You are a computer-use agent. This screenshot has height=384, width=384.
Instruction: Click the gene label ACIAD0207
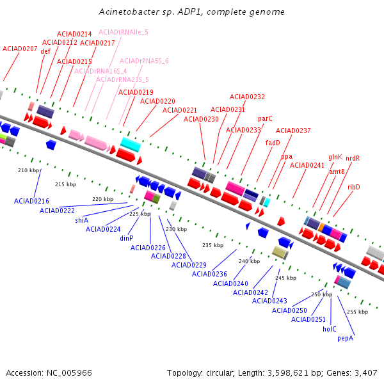20,49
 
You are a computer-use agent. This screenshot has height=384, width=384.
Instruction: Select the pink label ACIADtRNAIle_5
124,33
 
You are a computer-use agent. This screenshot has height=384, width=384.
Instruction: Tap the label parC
265,119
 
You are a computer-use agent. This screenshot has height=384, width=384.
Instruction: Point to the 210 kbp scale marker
28,170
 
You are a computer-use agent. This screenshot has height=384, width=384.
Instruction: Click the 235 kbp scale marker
213,245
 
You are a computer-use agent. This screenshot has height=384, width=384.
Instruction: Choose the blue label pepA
346,338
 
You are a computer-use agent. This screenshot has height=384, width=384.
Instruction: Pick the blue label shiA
81,220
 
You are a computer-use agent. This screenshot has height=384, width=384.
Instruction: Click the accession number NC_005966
69,373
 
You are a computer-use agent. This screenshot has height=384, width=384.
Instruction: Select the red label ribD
354,187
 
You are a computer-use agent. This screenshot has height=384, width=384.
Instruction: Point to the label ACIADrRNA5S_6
144,61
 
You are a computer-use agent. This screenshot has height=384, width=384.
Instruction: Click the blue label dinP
127,238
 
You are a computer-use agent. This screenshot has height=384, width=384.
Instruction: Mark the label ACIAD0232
247,97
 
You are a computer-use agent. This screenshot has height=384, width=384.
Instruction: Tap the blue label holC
330,329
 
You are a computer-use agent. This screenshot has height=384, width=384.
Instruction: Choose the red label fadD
273,143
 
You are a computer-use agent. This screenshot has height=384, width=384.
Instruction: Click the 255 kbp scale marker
357,312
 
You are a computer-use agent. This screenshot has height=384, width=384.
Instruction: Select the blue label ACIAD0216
31,201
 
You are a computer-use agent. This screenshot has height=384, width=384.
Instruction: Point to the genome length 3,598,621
288,373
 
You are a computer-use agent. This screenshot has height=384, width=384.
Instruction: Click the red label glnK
335,157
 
